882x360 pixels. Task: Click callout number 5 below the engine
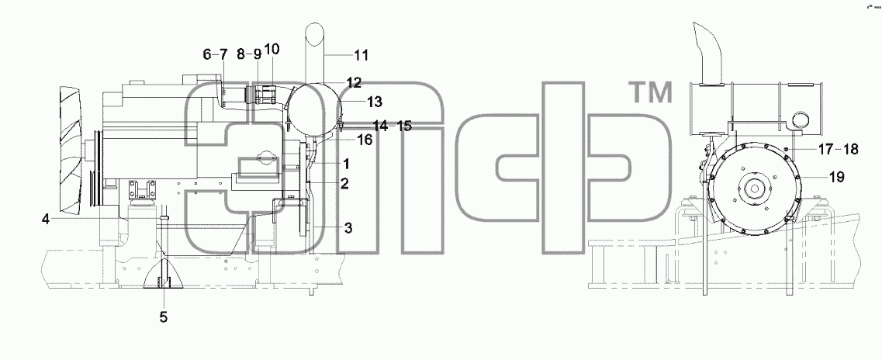(163, 317)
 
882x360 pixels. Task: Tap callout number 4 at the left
(46, 220)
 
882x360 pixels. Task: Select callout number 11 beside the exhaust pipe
(361, 55)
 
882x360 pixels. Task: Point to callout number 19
(836, 177)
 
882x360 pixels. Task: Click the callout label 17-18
(838, 150)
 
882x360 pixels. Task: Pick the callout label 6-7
(216, 54)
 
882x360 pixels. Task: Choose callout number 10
(272, 49)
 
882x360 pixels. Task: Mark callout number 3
(349, 228)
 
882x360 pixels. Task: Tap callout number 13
(375, 102)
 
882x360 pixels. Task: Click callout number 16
(365, 140)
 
